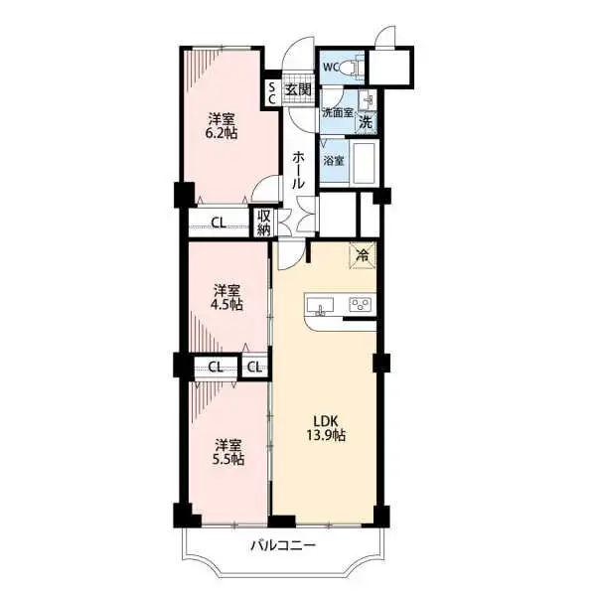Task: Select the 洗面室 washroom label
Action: (x=336, y=112)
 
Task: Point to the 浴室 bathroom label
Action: (x=334, y=159)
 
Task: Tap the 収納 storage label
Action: (x=264, y=223)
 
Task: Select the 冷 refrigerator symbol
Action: (x=362, y=254)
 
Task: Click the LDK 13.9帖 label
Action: (x=325, y=427)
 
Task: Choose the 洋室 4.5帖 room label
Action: (x=226, y=297)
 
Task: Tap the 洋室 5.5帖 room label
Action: (x=226, y=452)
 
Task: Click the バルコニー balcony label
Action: (x=282, y=545)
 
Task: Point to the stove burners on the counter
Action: (x=360, y=304)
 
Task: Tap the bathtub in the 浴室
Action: (x=363, y=162)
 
